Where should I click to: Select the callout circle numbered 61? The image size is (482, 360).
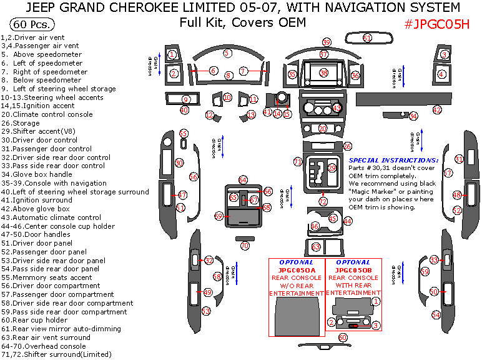367,38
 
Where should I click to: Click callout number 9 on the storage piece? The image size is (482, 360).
185,99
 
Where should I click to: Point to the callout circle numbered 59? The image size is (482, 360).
326,42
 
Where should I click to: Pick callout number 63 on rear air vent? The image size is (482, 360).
316,247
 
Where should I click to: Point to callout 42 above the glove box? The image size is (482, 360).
437,110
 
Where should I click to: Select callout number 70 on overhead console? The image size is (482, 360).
245,246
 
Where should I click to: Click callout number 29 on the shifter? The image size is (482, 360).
332,168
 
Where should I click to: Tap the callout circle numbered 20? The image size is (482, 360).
323,128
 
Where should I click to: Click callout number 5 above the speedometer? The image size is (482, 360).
227,53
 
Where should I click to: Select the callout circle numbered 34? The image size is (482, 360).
413,116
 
